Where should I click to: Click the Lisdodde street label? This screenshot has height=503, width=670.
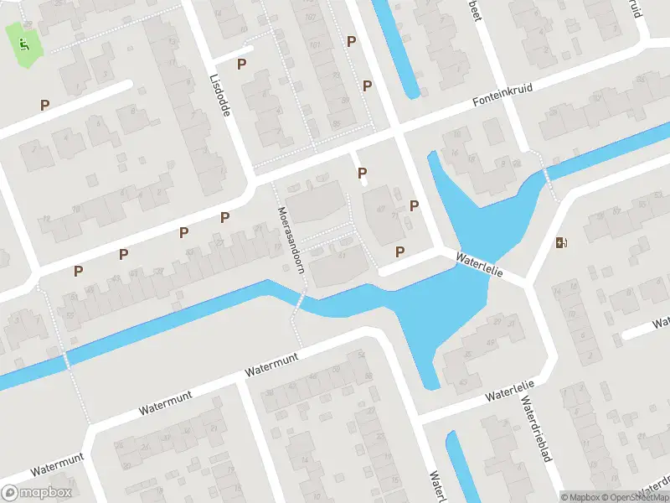click(220, 92)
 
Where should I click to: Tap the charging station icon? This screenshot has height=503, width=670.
click(561, 243)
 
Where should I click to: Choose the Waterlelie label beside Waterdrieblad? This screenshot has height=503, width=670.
click(508, 392)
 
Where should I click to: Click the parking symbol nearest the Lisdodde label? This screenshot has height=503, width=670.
click(241, 64)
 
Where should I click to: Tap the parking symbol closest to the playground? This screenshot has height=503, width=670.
click(44, 105)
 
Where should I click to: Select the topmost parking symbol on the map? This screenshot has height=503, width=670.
click(352, 41)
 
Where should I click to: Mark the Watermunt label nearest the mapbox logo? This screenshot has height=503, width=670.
click(54, 464)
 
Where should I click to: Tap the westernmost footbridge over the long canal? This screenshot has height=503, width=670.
click(66, 360)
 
